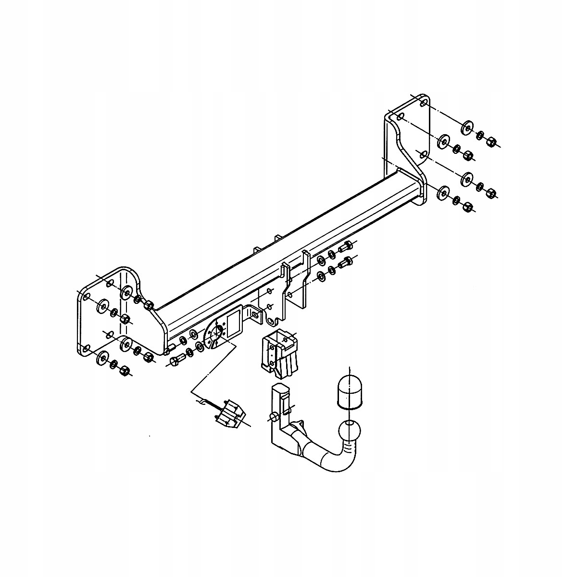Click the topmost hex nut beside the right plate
pyautogui.click(x=491, y=141)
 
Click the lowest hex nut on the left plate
pyautogui.click(x=125, y=370)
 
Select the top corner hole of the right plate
pyautogui.click(x=422, y=104)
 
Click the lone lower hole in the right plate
pyautogui.click(x=422, y=154)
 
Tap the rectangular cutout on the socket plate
pyautogui.click(x=234, y=323)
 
